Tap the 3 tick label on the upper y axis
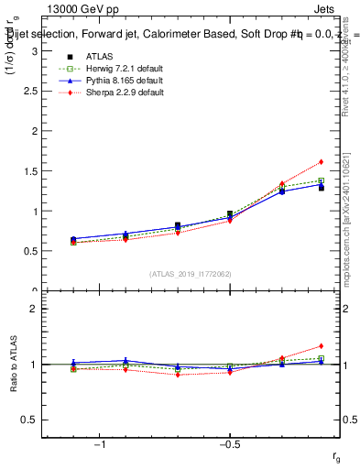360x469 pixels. pos(33,51)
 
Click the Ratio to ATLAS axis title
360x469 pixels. pos(14,365)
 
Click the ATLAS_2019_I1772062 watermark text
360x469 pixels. pos(191,274)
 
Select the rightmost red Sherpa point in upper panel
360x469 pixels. pos(321,162)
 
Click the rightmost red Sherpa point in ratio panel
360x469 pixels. pos(321,346)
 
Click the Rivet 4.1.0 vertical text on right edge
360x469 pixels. pos(353,69)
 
